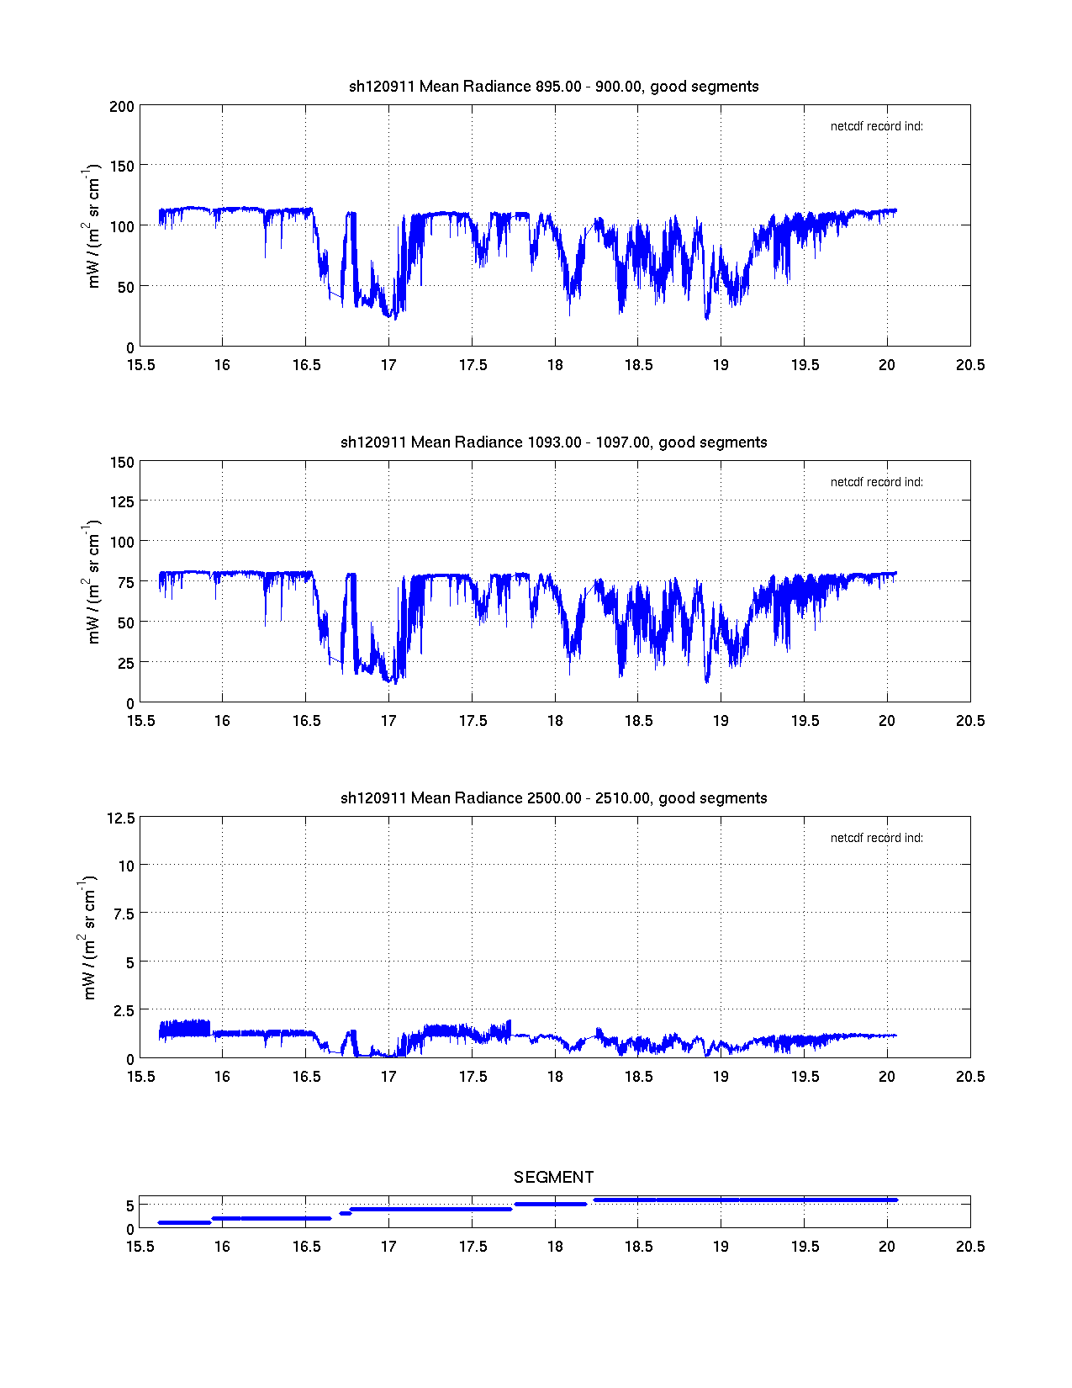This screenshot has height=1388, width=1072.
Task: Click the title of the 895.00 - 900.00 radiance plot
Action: click(553, 86)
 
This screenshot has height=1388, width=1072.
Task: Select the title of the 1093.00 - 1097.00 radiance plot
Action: click(553, 442)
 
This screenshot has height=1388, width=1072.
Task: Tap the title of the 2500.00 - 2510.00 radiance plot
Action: click(553, 797)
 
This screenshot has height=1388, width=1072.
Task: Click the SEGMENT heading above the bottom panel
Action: click(553, 1177)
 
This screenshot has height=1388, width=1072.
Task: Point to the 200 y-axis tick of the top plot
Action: click(122, 106)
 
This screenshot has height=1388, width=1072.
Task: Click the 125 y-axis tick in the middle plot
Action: click(122, 501)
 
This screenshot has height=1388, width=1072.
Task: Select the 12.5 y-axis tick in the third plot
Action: click(120, 818)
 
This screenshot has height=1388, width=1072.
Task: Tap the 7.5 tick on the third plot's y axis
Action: click(124, 914)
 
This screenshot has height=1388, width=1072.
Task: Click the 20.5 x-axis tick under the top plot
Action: click(969, 365)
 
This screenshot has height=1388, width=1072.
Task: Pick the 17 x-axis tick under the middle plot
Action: click(388, 721)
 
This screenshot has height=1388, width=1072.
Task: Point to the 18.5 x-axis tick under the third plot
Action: click(637, 1077)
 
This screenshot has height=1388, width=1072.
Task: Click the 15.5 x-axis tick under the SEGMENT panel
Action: click(140, 1247)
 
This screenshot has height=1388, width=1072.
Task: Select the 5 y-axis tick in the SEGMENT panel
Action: click(129, 1205)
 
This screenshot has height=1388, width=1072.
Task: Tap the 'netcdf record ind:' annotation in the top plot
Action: click(876, 126)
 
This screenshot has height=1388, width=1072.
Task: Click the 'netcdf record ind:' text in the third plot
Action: click(876, 838)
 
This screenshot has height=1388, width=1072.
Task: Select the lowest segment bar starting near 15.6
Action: click(184, 1222)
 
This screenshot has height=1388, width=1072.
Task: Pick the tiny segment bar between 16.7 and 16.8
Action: click(345, 1213)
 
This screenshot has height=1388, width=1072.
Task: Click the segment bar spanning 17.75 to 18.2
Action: click(550, 1204)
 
